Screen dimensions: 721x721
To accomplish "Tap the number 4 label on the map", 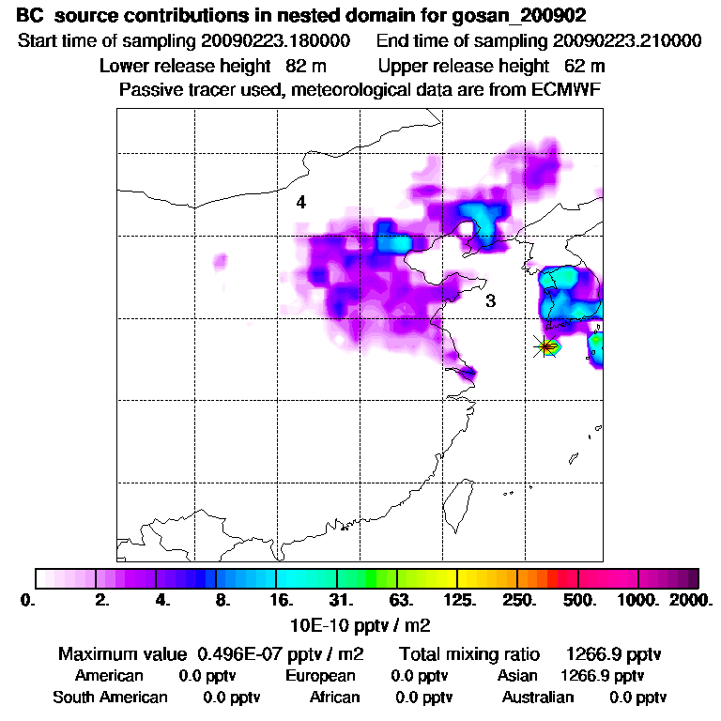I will [x=300, y=202].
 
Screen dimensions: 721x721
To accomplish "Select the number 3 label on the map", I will [x=490, y=301].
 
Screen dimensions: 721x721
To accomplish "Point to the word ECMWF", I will [x=565, y=90].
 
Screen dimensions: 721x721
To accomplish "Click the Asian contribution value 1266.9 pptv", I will [x=602, y=676].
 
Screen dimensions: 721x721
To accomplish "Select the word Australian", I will [x=538, y=698].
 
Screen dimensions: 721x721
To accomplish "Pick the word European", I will [x=321, y=676].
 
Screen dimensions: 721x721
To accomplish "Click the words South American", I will [x=110, y=698].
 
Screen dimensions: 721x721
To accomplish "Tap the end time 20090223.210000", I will [x=627, y=41].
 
